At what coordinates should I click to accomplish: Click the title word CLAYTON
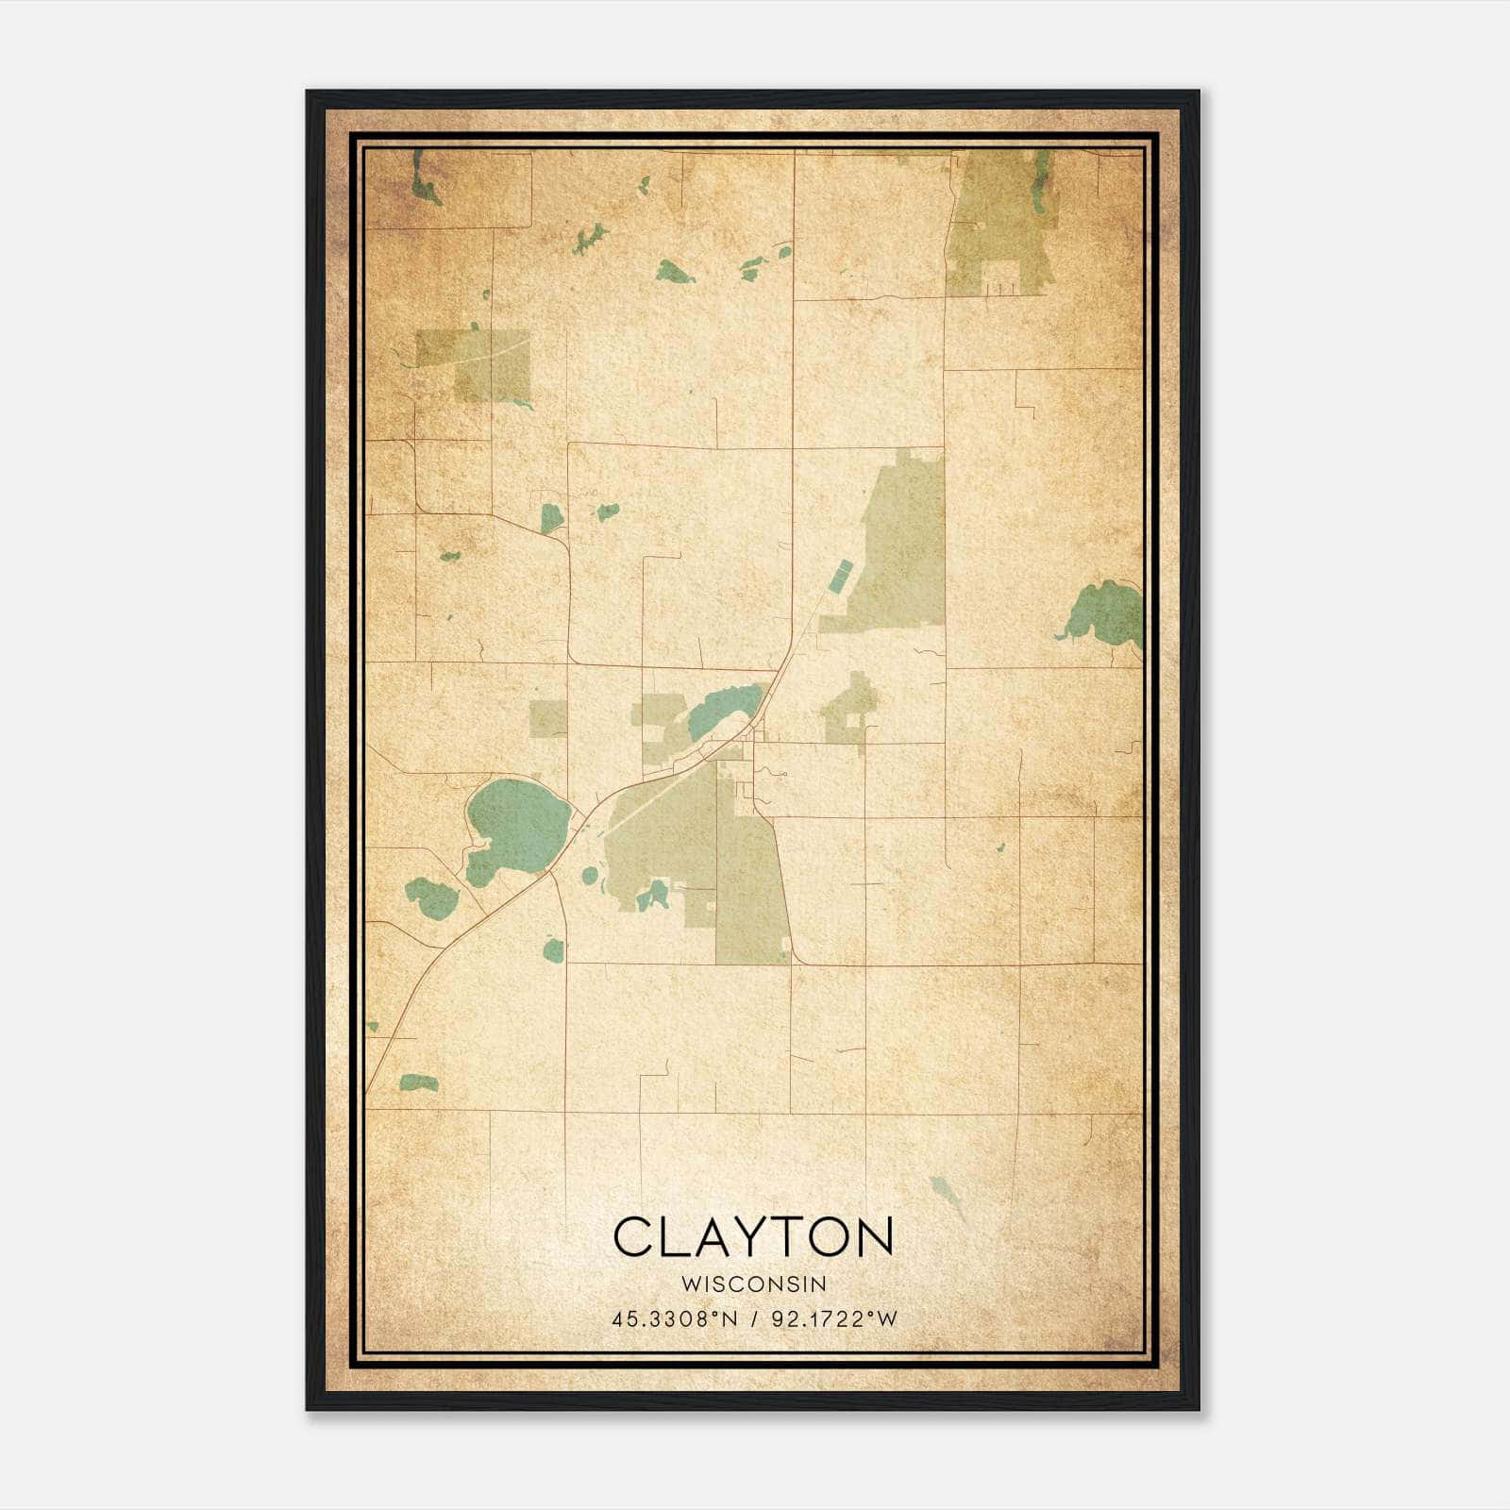753,1236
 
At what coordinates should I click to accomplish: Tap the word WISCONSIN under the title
753,1283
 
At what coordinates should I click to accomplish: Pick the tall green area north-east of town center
901,547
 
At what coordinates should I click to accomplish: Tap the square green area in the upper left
481,363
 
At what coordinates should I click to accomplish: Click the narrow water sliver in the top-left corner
422,179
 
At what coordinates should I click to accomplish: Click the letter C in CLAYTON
634,1236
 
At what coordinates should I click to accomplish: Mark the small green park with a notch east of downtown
852,710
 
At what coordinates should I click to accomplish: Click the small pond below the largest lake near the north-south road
554,949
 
